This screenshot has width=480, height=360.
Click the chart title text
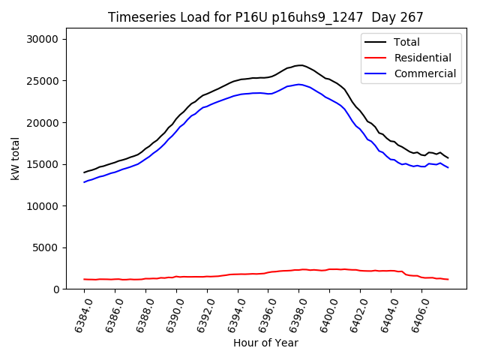tap(265, 17)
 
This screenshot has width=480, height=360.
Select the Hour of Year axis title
tap(265, 343)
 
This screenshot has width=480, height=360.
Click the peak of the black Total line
tap(299, 65)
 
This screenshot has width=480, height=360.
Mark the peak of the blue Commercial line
tap(299, 84)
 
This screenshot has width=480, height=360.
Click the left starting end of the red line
tap(85, 279)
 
